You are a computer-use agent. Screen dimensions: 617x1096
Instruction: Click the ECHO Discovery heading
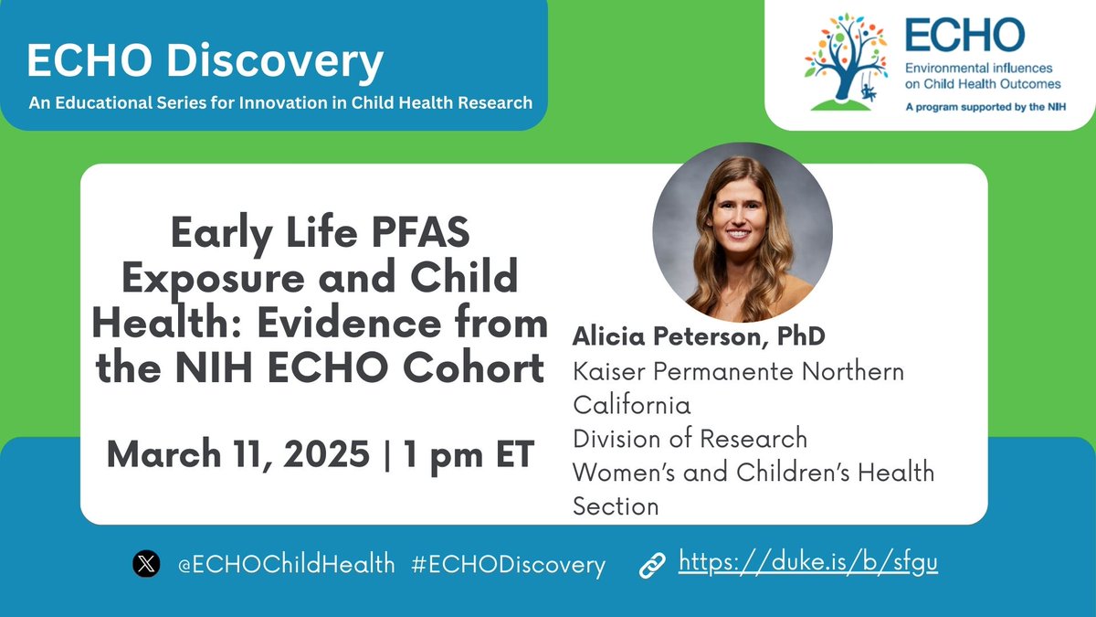(x=205, y=62)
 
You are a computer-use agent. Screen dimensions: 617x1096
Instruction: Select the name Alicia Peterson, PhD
(x=699, y=336)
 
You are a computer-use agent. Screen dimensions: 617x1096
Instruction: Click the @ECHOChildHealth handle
(x=285, y=564)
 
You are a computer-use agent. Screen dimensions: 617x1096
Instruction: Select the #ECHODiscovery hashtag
(x=508, y=564)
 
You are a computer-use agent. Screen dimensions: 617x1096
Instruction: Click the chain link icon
(x=651, y=565)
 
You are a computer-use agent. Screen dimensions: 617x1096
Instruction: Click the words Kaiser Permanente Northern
(x=738, y=371)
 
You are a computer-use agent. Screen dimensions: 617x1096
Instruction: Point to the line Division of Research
(x=690, y=438)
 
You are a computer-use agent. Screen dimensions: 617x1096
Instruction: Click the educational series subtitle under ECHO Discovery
(x=279, y=102)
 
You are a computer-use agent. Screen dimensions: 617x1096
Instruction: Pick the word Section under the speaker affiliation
(x=615, y=505)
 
